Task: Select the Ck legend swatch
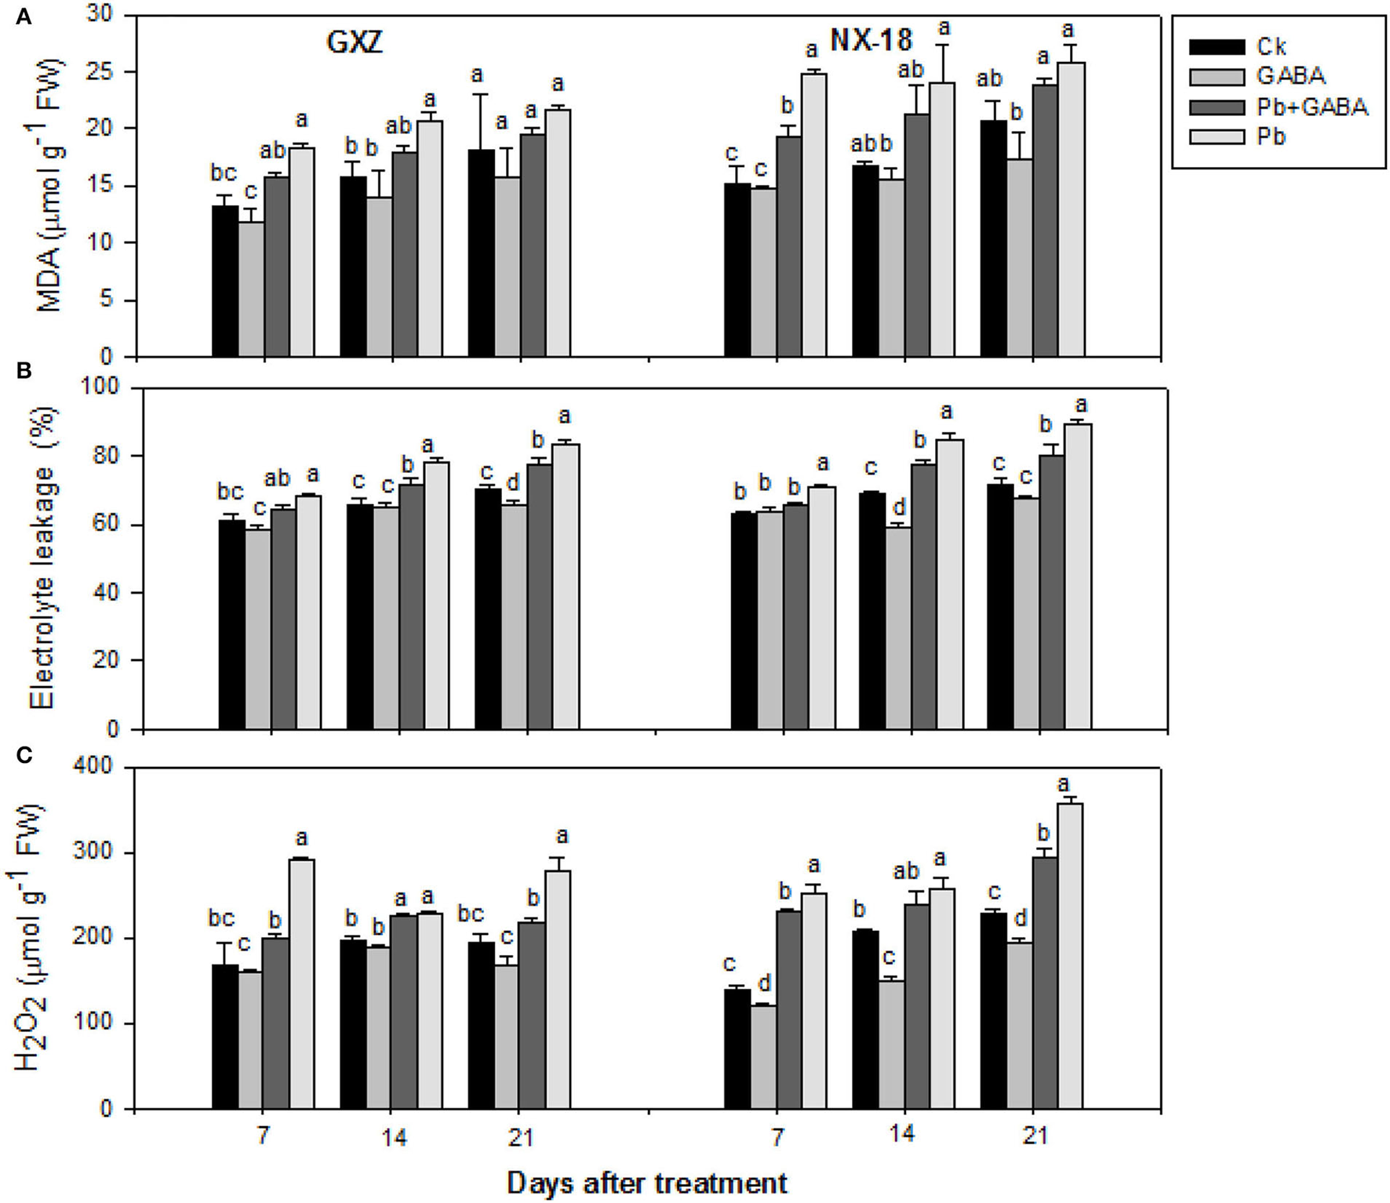click(1217, 47)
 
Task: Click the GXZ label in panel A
click(354, 42)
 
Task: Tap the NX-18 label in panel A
click(871, 39)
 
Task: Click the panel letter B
click(24, 371)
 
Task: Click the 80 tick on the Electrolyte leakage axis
click(114, 456)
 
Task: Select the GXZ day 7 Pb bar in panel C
click(302, 983)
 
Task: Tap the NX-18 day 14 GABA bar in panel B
click(898, 627)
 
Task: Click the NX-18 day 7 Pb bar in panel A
click(814, 215)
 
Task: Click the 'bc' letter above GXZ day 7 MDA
click(224, 173)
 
